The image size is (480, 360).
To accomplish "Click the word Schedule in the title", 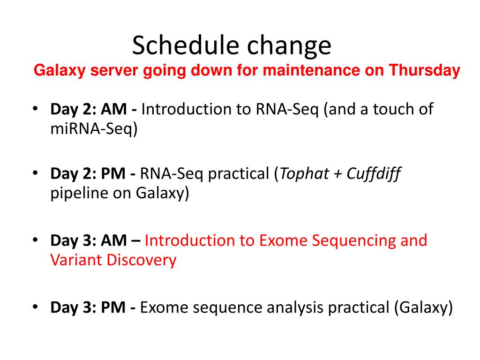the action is coord(186,45).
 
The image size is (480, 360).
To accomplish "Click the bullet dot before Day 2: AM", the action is coord(35,108).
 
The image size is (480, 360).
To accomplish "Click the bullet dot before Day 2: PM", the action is coord(35,173).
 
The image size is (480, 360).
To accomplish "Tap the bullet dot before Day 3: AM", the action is coord(35,240).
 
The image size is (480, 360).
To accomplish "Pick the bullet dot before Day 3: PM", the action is coord(35,307).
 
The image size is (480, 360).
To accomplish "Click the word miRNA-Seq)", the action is coord(94,129).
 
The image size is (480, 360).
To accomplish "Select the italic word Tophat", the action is coord(304,174).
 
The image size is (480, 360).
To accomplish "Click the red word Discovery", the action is coord(142,261).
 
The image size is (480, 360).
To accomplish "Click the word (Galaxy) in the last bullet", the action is coord(423,308).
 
